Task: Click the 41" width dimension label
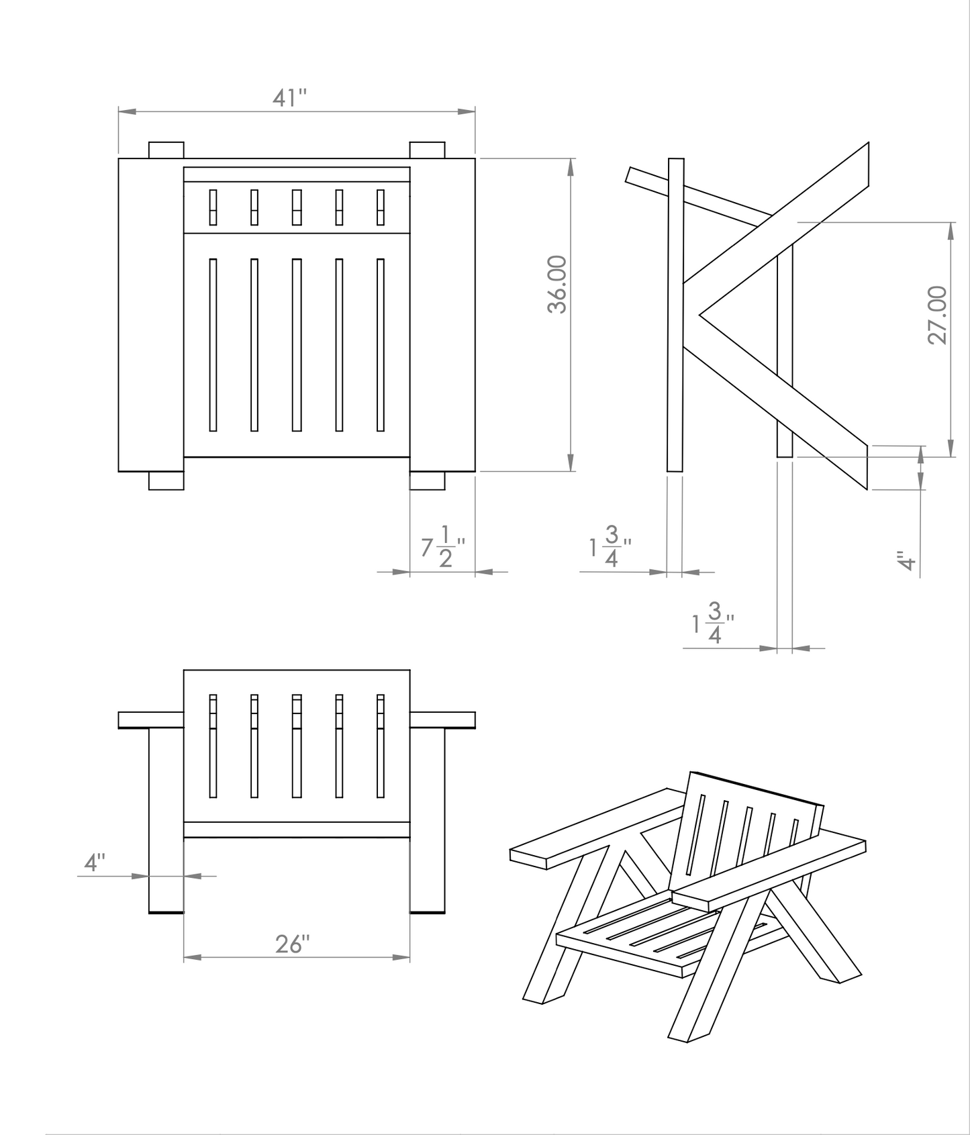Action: pyautogui.click(x=289, y=99)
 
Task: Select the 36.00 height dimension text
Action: pyautogui.click(x=557, y=284)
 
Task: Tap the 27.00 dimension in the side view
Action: pyautogui.click(x=937, y=315)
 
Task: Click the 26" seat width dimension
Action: pyautogui.click(x=293, y=944)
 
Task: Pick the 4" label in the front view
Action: pyautogui.click(x=95, y=862)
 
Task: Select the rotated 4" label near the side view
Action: pyautogui.click(x=907, y=560)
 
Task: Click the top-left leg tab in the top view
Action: pyautogui.click(x=166, y=150)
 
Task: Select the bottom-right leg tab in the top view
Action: pyautogui.click(x=427, y=481)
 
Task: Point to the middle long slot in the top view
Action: pyautogui.click(x=296, y=344)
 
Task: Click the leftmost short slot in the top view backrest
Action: pyautogui.click(x=213, y=207)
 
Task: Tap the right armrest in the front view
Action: pyautogui.click(x=442, y=720)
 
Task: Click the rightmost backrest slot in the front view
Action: pyautogui.click(x=381, y=746)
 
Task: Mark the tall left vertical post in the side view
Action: pyautogui.click(x=675, y=314)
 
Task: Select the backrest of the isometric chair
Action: pyautogui.click(x=745, y=833)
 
